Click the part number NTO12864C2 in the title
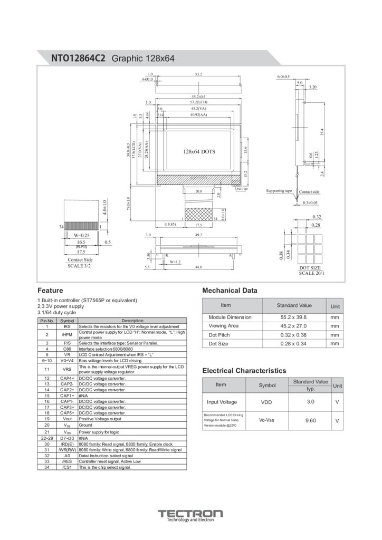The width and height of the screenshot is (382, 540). pyautogui.click(x=79, y=59)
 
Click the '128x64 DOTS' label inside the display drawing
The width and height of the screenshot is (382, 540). pyautogui.click(x=199, y=151)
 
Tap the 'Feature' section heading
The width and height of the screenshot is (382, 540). pyautogui.click(x=51, y=290)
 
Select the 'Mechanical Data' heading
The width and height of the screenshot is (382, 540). pyautogui.click(x=230, y=290)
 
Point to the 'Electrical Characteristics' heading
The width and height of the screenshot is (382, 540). pyautogui.click(x=244, y=371)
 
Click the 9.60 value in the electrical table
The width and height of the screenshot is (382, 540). pyautogui.click(x=310, y=420)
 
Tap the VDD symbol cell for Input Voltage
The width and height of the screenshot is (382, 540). pyautogui.click(x=266, y=402)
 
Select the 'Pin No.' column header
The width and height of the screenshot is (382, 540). pyautogui.click(x=47, y=321)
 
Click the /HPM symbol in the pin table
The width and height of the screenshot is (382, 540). pyautogui.click(x=67, y=334)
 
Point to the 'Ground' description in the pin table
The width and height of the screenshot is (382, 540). pyautogui.click(x=85, y=425)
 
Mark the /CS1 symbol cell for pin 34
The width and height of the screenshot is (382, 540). pyautogui.click(x=67, y=467)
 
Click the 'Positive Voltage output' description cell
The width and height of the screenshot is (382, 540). pyautogui.click(x=100, y=419)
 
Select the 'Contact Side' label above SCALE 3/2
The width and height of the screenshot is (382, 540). pyautogui.click(x=80, y=260)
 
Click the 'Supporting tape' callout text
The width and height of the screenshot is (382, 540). pyautogui.click(x=279, y=191)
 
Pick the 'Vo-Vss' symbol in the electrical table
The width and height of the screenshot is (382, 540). pyautogui.click(x=267, y=420)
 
